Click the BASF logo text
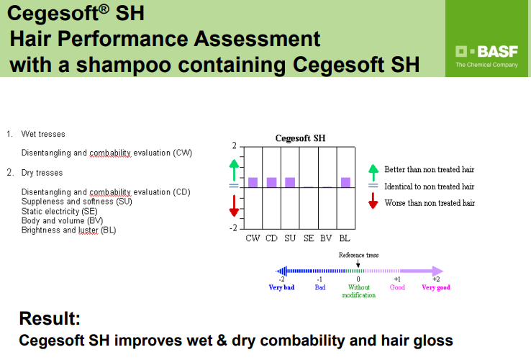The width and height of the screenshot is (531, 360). [x=497, y=52]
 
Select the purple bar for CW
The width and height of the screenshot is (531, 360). [x=253, y=182]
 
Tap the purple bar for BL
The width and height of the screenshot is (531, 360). [x=345, y=182]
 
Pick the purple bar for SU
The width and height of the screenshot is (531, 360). [x=290, y=182]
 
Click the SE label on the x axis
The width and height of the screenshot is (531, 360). [x=309, y=238]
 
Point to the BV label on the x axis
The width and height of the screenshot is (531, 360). [x=326, y=238]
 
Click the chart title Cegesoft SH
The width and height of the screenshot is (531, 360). [x=300, y=138]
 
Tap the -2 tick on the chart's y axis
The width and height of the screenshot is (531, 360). [x=234, y=228]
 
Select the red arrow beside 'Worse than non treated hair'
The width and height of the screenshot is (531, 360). [x=373, y=201]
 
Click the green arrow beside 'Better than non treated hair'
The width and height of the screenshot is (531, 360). [x=373, y=173]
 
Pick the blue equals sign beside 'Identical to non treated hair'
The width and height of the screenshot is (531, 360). [x=373, y=186]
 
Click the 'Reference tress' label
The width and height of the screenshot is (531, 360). [x=358, y=255]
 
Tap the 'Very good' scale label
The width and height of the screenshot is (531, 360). [x=436, y=287]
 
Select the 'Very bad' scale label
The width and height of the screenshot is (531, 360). [x=281, y=287]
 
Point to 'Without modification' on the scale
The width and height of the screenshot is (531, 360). [x=358, y=291]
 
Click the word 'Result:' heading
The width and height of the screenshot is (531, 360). [x=50, y=318]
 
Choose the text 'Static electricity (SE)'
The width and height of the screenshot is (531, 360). [x=59, y=211]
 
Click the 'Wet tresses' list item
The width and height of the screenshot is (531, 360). [x=43, y=134]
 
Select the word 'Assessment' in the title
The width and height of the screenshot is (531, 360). [x=257, y=39]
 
